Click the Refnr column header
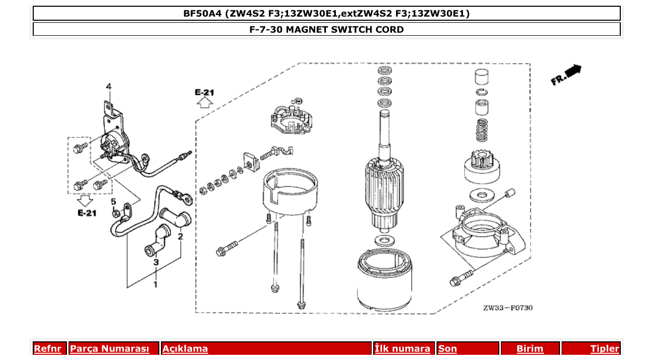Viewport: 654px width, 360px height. [x=47, y=349]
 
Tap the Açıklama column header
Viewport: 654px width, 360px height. [x=185, y=349]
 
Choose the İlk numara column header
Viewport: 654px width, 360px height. [x=402, y=349]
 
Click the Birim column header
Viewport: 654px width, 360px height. [x=529, y=349]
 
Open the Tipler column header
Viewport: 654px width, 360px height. [x=604, y=349]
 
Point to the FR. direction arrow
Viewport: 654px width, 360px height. [x=566, y=75]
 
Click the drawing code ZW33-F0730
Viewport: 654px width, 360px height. [x=508, y=308]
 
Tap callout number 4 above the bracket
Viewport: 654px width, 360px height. [x=108, y=86]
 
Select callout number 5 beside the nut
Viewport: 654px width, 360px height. [x=113, y=201]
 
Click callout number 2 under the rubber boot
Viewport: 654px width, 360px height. [x=181, y=237]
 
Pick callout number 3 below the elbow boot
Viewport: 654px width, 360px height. [x=155, y=262]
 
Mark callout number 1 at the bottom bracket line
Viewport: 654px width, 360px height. [x=155, y=284]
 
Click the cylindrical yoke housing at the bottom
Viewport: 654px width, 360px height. [x=385, y=280]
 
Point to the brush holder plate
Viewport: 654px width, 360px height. [x=291, y=118]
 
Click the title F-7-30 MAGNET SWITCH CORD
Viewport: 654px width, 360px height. [x=326, y=30]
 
